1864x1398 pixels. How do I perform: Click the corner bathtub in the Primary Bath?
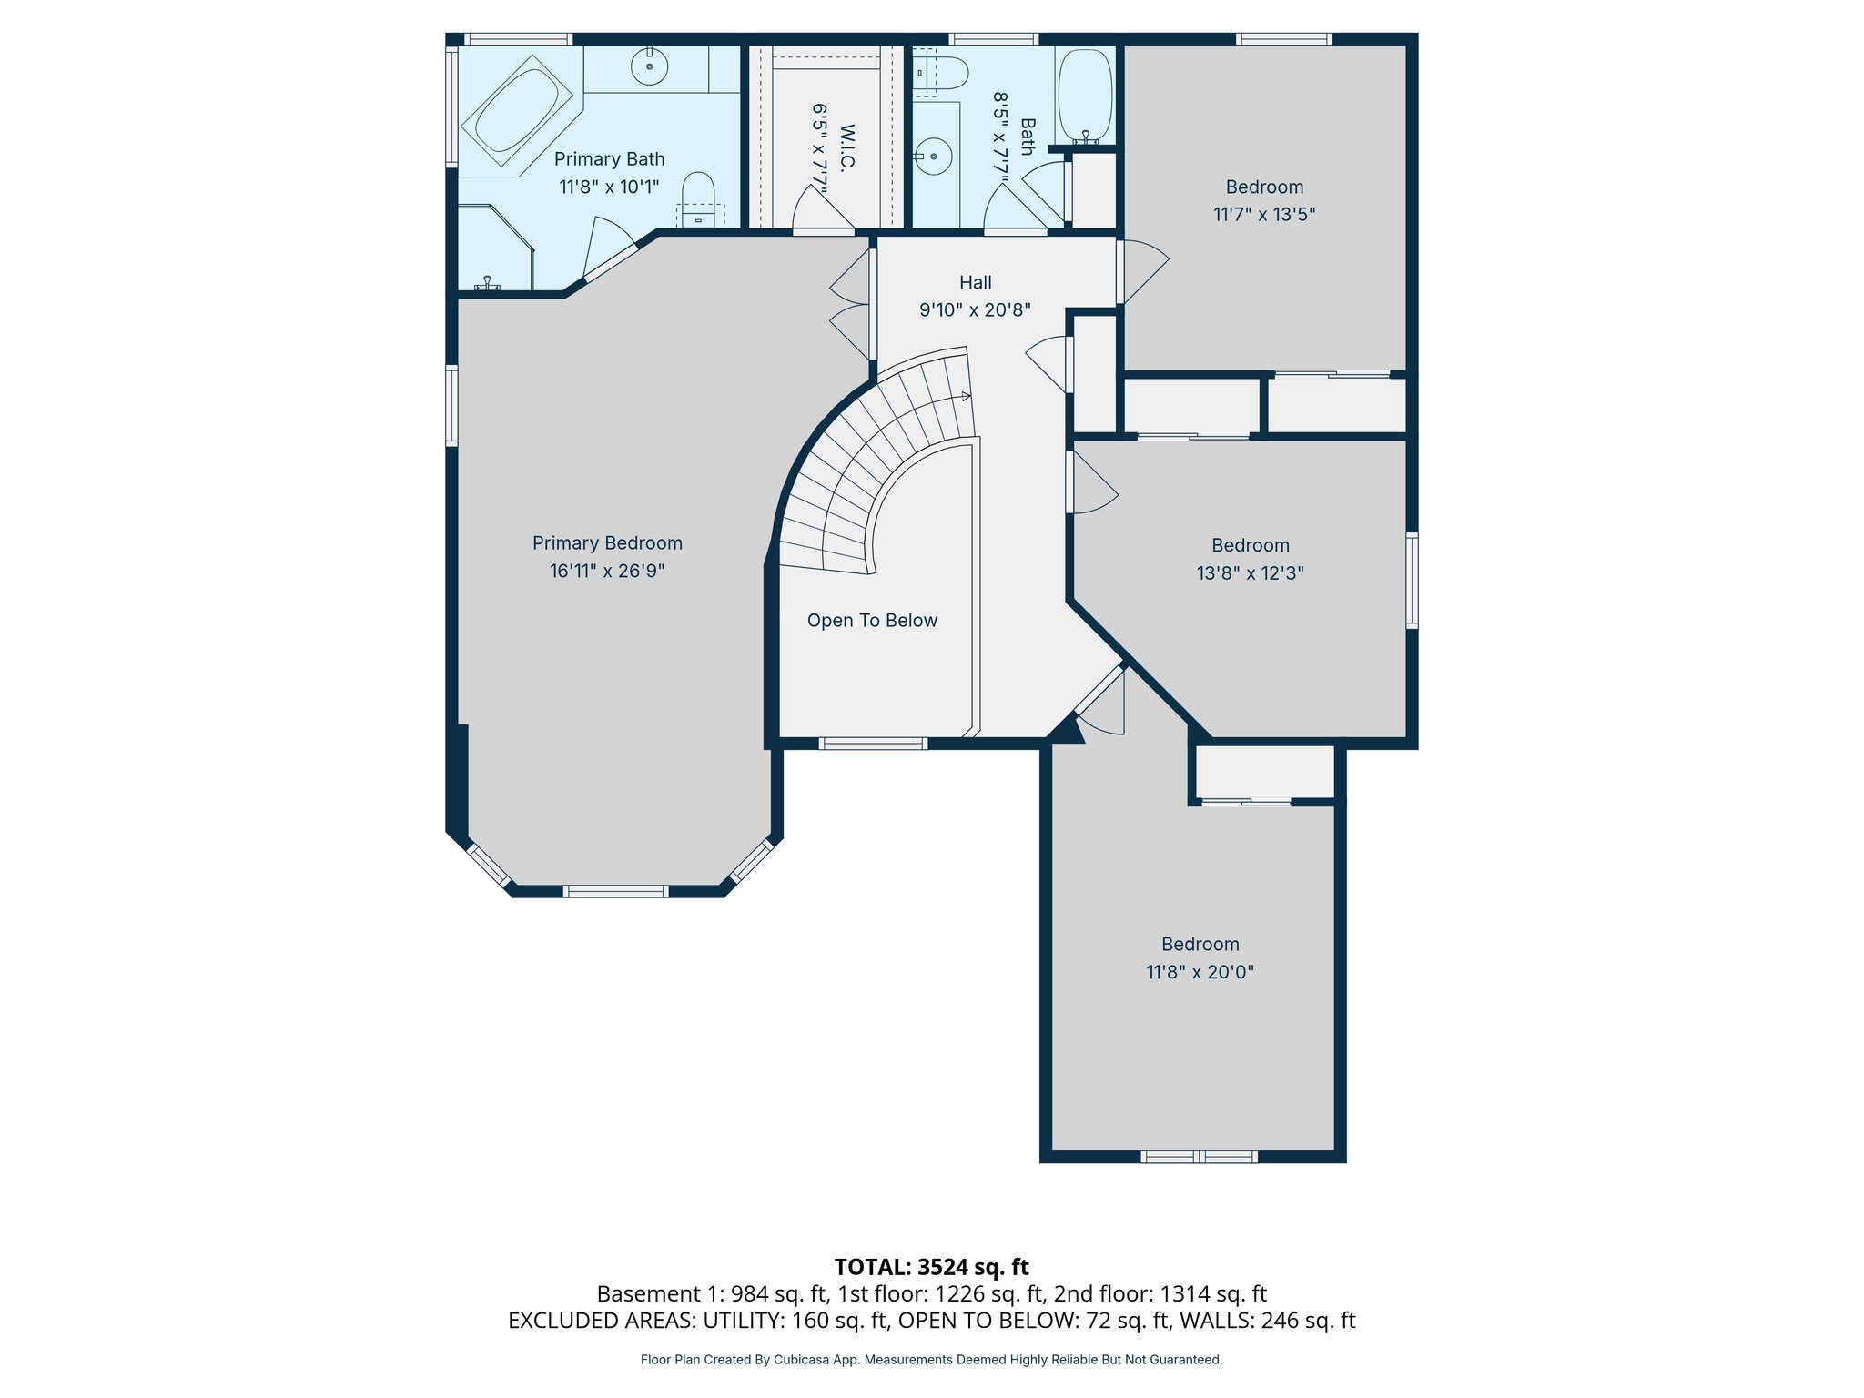(x=516, y=110)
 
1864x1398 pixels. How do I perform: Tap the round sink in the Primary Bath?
(x=649, y=66)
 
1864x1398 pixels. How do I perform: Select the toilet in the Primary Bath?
(x=698, y=196)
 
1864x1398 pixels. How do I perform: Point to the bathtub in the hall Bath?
(x=1085, y=94)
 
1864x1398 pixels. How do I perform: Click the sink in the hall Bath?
(x=934, y=157)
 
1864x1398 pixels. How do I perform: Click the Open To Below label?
(x=872, y=621)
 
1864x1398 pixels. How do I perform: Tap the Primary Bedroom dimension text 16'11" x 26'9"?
(x=607, y=571)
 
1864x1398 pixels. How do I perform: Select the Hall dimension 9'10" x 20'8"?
(x=975, y=310)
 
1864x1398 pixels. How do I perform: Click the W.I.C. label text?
(x=846, y=148)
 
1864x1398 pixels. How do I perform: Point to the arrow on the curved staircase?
(x=965, y=396)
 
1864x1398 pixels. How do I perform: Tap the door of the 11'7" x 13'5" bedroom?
(x=1141, y=269)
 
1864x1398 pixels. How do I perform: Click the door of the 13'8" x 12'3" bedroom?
(x=1092, y=483)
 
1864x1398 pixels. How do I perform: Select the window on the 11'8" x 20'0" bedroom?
(x=1199, y=1157)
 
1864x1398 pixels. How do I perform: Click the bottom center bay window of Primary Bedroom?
(x=615, y=891)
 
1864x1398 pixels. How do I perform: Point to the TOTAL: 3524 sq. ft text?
(x=931, y=1267)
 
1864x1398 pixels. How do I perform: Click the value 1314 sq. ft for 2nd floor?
(x=1213, y=1293)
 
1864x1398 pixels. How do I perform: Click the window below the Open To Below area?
(x=873, y=744)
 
